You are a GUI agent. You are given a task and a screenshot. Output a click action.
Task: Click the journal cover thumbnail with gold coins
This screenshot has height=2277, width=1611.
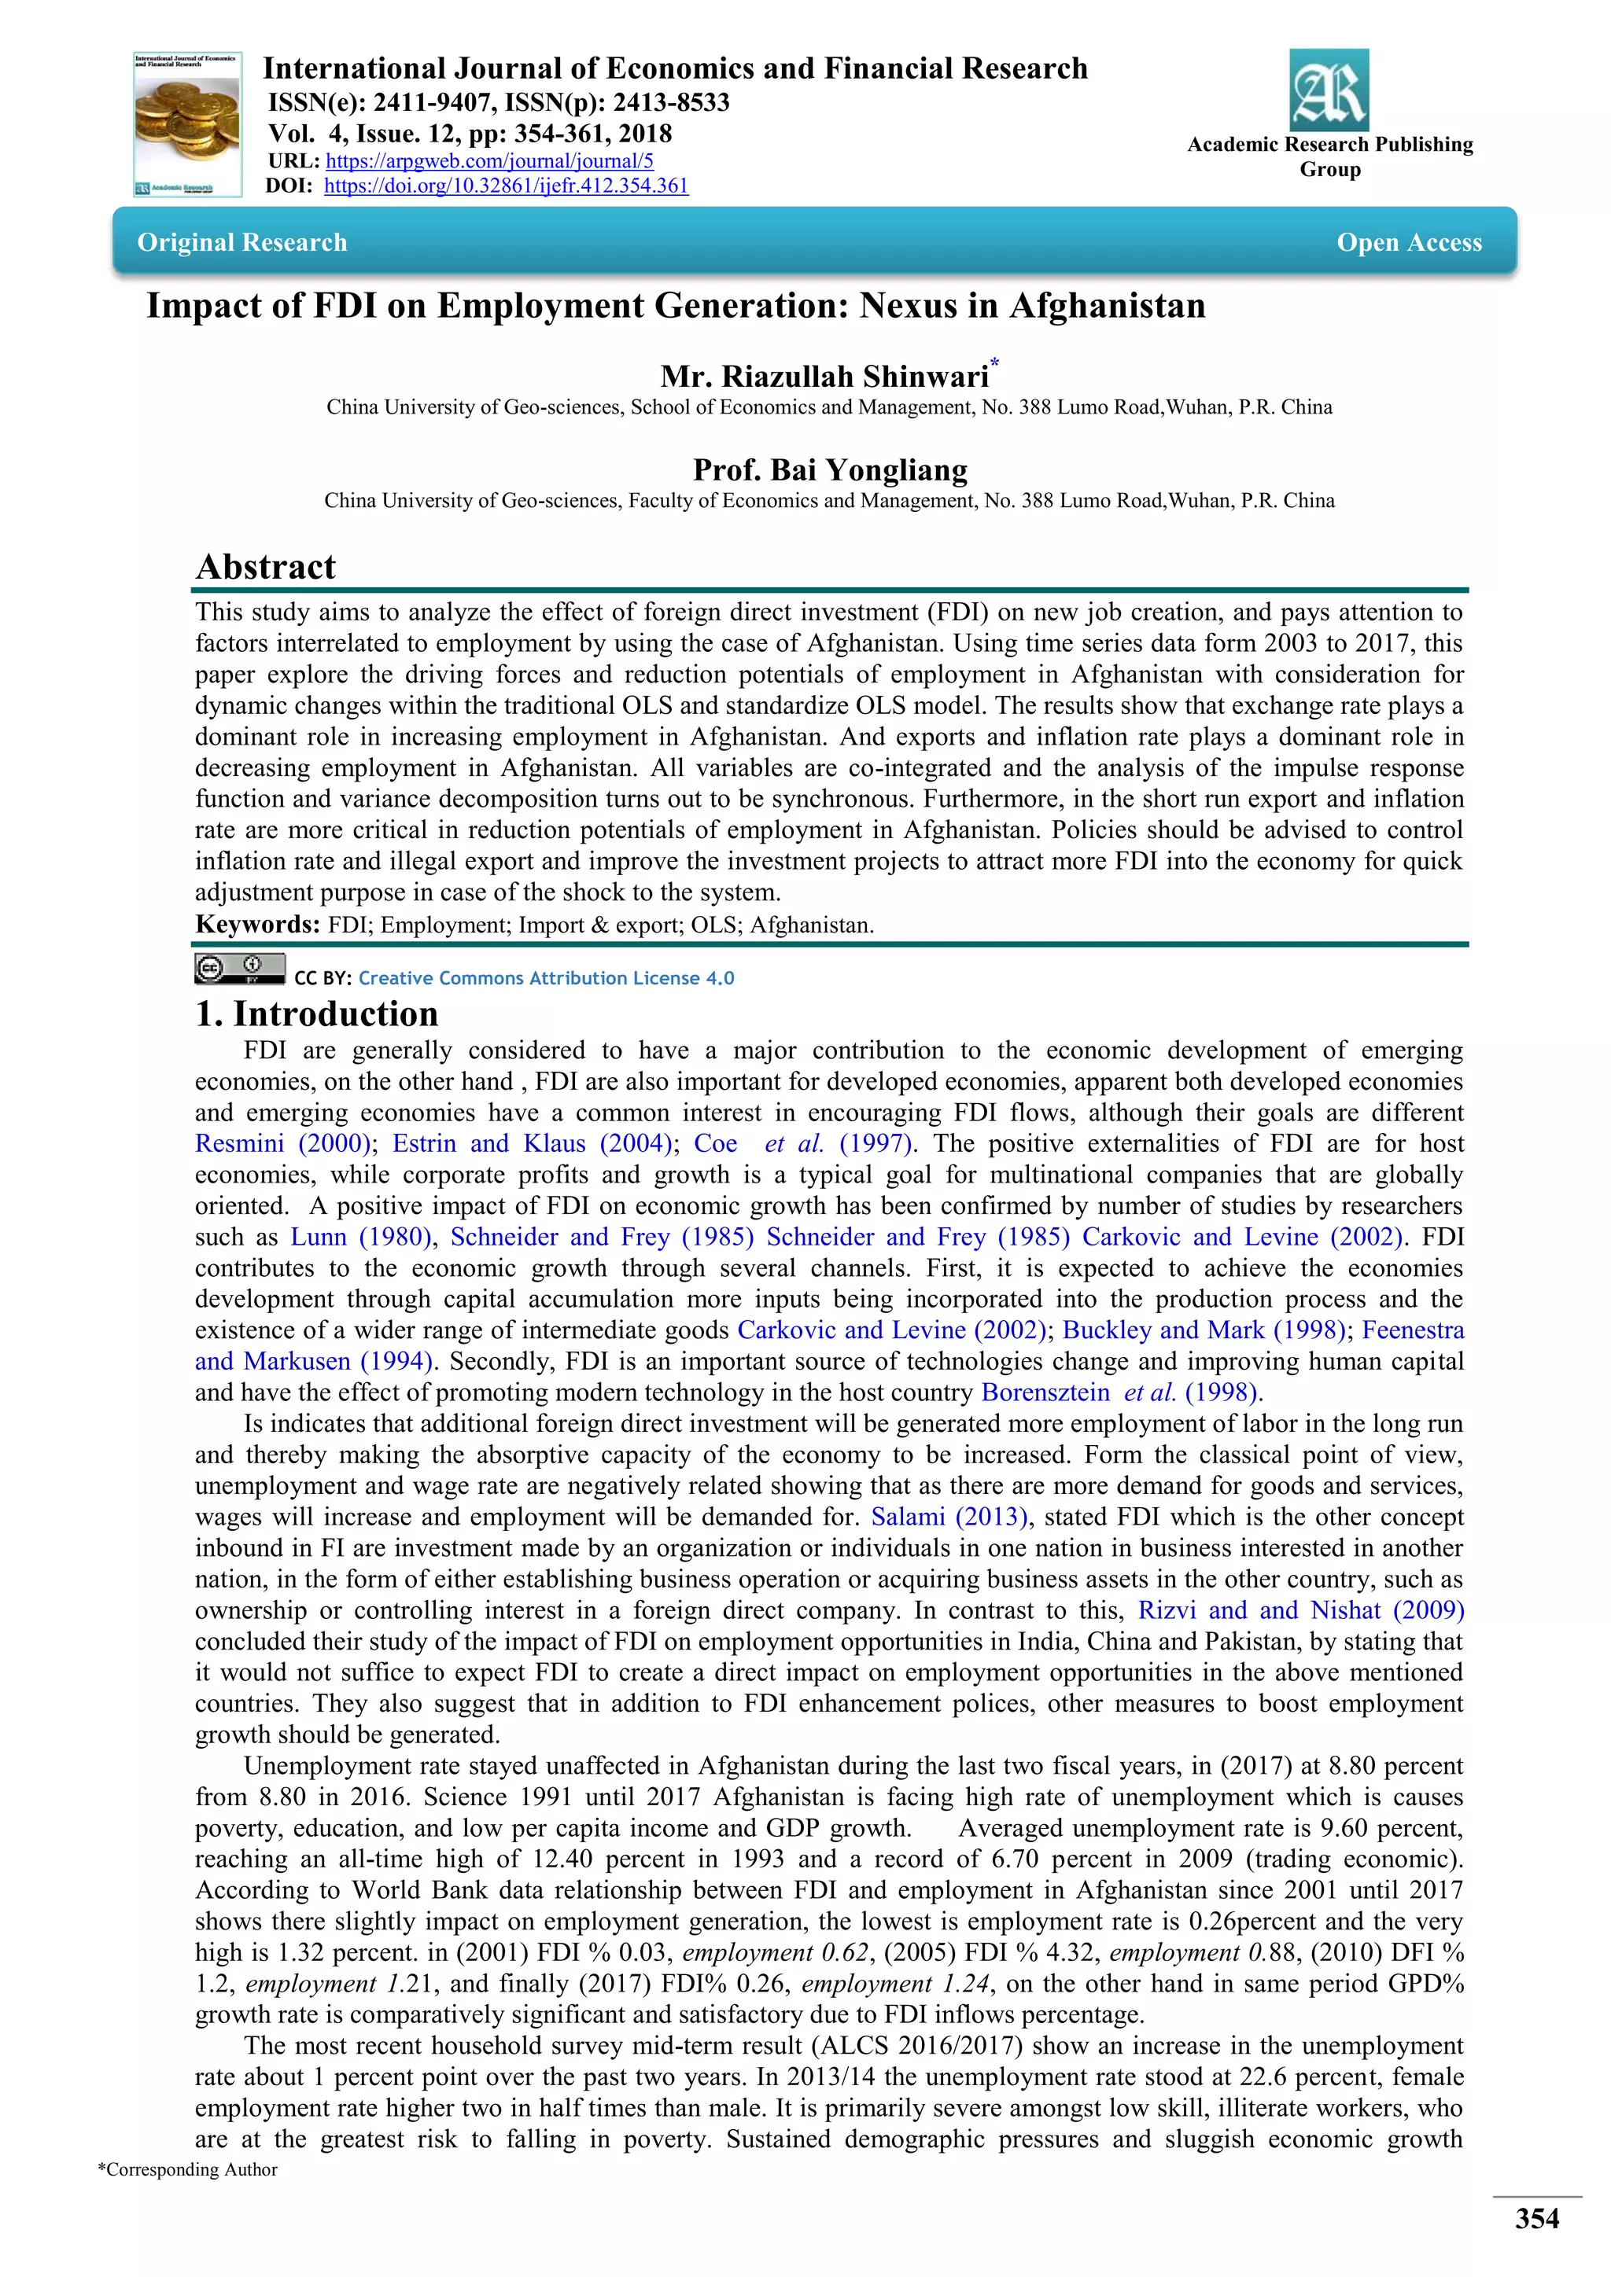click(x=187, y=124)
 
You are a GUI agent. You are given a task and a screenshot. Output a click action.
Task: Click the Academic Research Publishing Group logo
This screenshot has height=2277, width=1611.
click(x=1329, y=90)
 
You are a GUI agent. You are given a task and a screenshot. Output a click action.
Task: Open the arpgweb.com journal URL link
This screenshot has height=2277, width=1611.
click(x=489, y=160)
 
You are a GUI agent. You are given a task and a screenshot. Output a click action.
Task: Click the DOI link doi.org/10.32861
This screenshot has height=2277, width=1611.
click(x=506, y=186)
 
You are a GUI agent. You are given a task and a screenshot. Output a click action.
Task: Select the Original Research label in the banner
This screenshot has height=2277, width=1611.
click(x=242, y=243)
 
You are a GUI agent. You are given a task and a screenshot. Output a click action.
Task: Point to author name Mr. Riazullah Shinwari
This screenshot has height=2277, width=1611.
click(x=824, y=377)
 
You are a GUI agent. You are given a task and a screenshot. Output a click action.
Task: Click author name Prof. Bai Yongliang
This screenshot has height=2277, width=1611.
click(x=829, y=469)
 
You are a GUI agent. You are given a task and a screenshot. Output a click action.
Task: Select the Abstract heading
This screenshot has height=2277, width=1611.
click(x=266, y=566)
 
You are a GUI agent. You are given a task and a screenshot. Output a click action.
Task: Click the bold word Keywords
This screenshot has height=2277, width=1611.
click(x=256, y=925)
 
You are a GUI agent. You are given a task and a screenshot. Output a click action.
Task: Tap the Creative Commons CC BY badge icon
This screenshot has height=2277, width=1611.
click(x=239, y=969)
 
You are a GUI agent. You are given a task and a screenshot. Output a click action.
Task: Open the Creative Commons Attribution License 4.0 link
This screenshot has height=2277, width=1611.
click(x=546, y=978)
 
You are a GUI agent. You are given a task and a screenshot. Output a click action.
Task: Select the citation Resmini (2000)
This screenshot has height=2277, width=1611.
click(x=282, y=1143)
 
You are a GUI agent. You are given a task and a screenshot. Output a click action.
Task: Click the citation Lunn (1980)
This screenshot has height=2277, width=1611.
click(x=360, y=1237)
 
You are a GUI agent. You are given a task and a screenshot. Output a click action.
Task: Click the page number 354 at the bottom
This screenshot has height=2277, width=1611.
click(x=1535, y=2219)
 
